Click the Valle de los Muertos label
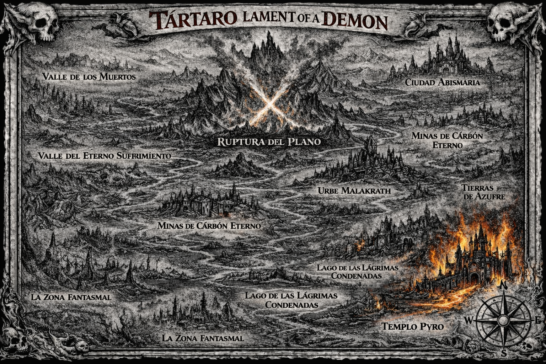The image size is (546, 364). click(x=89, y=76)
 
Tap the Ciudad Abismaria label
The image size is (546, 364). click(x=443, y=82)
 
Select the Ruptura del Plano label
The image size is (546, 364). click(x=269, y=141)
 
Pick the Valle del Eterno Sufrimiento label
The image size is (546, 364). click(x=105, y=156)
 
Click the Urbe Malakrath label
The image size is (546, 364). click(x=354, y=191)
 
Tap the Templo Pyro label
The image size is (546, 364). click(x=413, y=326)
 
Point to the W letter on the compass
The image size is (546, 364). click(x=468, y=320)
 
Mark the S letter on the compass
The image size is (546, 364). click(x=504, y=354)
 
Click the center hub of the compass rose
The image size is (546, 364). click(x=503, y=320)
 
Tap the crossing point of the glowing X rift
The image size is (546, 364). click(x=269, y=103)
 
